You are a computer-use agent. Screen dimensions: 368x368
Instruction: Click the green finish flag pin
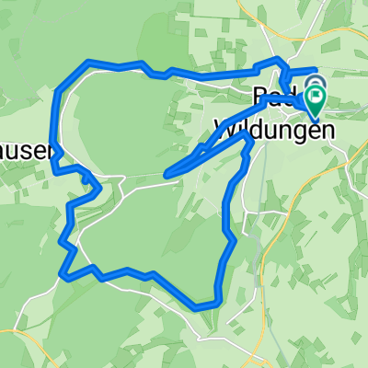[x=316, y=97]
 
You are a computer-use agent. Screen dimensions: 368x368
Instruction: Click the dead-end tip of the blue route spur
[x=167, y=173]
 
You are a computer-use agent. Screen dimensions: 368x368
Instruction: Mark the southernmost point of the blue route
[x=199, y=306]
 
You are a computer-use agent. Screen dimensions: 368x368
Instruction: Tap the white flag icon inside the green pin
[x=316, y=94]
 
